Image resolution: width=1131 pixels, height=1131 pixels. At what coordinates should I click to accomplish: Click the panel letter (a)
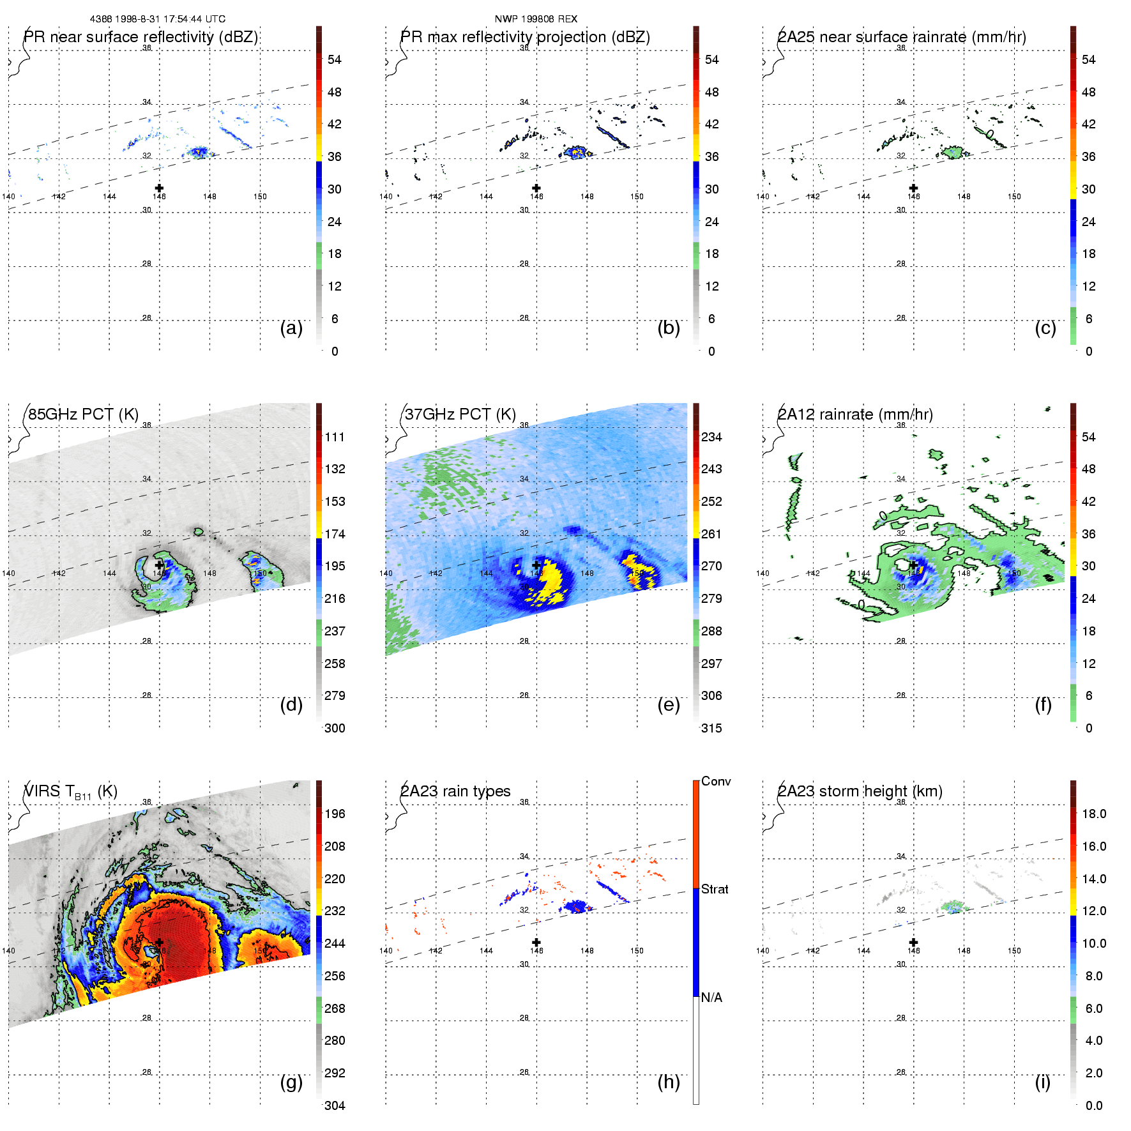291,328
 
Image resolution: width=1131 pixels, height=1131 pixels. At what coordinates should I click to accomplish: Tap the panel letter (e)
668,705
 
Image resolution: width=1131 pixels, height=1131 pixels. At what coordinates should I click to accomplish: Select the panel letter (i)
1042,1082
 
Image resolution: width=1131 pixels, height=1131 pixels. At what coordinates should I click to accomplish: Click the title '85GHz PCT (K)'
83,414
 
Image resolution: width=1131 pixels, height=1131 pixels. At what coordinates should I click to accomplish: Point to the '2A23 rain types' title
455,791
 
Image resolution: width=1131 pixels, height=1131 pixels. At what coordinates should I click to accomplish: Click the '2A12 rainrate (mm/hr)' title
855,414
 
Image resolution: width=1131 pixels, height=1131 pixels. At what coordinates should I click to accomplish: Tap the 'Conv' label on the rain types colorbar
715,781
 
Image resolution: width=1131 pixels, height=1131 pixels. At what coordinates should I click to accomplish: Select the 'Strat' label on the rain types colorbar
715,889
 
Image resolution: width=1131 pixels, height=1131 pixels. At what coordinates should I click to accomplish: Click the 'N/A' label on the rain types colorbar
711,998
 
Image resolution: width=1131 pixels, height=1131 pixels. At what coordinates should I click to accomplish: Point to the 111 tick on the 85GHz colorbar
335,437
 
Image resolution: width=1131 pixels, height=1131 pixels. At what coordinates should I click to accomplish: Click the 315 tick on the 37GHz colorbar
711,728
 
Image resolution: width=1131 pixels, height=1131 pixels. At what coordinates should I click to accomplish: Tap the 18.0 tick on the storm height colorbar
1093,814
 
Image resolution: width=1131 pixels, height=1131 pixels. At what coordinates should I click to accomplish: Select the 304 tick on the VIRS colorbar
335,1105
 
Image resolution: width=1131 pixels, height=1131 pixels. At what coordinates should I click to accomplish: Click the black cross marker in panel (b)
536,188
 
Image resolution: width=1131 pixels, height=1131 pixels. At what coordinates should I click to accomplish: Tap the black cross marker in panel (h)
536,942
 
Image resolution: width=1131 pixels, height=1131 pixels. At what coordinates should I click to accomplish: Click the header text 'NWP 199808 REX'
536,19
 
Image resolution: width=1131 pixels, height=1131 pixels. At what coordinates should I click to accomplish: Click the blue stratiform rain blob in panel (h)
577,906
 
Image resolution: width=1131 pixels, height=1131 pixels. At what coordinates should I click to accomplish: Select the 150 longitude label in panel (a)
260,197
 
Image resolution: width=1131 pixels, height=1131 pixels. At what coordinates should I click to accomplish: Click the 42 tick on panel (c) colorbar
1088,124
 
